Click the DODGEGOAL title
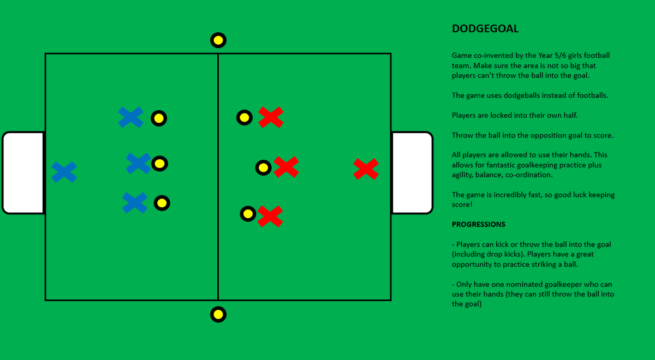(485, 29)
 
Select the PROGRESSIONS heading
(478, 224)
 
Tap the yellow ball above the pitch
(218, 40)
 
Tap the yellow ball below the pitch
(218, 314)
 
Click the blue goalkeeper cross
(64, 172)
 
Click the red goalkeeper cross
(366, 169)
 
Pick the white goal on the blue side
(23, 172)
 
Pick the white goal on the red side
(412, 172)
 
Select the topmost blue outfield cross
(130, 117)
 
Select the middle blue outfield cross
(138, 163)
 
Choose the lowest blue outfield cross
(134, 203)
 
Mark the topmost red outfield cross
(271, 117)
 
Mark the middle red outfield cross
(286, 167)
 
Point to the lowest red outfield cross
(270, 216)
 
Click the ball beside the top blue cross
(158, 118)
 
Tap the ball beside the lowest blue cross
(162, 203)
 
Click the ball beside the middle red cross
(263, 167)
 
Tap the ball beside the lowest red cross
(248, 213)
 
